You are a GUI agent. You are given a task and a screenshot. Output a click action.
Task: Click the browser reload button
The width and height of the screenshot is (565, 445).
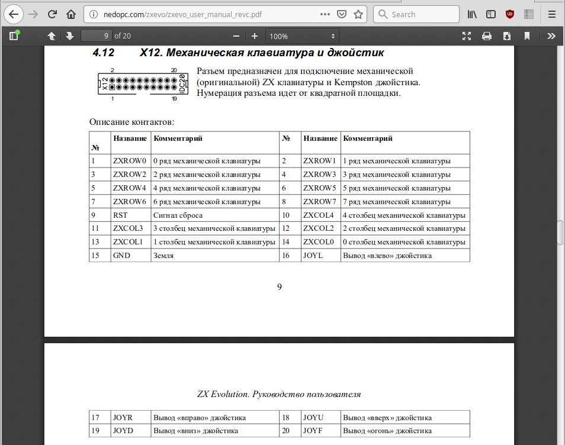tap(52, 14)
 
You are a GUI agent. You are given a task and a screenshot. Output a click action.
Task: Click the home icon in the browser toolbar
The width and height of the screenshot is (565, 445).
tap(71, 14)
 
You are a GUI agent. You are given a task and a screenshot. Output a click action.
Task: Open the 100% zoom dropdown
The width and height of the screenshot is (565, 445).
tap(303, 36)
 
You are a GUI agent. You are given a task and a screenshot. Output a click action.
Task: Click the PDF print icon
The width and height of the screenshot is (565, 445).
tap(487, 36)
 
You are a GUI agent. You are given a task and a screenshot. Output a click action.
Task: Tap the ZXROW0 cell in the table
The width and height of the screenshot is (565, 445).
tap(129, 160)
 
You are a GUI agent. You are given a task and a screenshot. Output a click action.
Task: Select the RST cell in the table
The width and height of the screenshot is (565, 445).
tap(120, 215)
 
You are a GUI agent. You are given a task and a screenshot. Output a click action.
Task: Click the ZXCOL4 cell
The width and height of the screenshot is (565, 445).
tap(319, 215)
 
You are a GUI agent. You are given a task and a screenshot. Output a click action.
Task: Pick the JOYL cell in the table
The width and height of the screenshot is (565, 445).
tap(313, 256)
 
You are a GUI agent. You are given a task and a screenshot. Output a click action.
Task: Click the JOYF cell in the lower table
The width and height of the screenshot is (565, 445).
tap(313, 431)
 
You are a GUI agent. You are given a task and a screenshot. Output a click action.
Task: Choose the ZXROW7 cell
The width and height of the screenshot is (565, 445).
tap(319, 201)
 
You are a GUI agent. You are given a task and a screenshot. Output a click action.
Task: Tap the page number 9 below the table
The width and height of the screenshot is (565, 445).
tap(280, 287)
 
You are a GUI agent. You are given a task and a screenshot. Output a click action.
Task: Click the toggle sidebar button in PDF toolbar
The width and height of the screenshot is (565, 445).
tap(14, 36)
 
